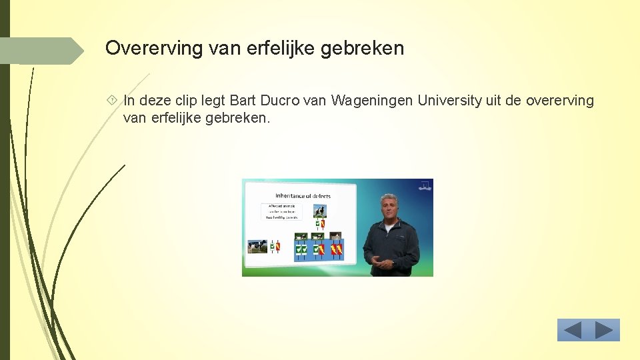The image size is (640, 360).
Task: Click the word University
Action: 449,101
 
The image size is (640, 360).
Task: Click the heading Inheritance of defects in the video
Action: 303,195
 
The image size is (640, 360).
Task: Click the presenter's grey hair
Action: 389,197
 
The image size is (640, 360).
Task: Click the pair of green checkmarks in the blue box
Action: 301,250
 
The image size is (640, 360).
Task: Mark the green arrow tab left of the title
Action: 43,51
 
